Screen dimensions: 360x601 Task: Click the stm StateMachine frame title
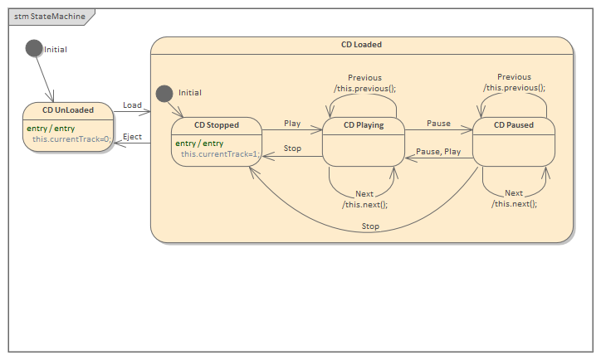[50, 16]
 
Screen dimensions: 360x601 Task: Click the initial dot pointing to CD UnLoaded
[34, 48]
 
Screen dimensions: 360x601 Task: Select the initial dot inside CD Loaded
[164, 92]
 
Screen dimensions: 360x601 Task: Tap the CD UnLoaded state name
[68, 109]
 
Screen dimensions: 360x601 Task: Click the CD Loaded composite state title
[361, 45]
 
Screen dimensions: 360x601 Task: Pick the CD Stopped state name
[216, 125]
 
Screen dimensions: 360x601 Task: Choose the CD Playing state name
[364, 125]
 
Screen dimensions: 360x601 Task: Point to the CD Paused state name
[513, 125]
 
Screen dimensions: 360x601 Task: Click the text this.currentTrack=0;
[72, 139]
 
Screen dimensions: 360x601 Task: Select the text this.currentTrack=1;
[221, 154]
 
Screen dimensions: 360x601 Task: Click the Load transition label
[132, 105]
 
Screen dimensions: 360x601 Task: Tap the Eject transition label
[132, 137]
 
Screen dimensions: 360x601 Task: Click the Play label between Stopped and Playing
[292, 123]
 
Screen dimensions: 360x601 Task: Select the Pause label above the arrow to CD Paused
[438, 123]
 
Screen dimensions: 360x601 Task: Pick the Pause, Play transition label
[438, 152]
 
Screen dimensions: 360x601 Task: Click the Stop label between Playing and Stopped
[292, 149]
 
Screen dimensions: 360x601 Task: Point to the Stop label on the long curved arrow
[370, 226]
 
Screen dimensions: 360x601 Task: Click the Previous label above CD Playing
[364, 78]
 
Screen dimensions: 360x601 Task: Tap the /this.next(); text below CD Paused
[514, 203]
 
